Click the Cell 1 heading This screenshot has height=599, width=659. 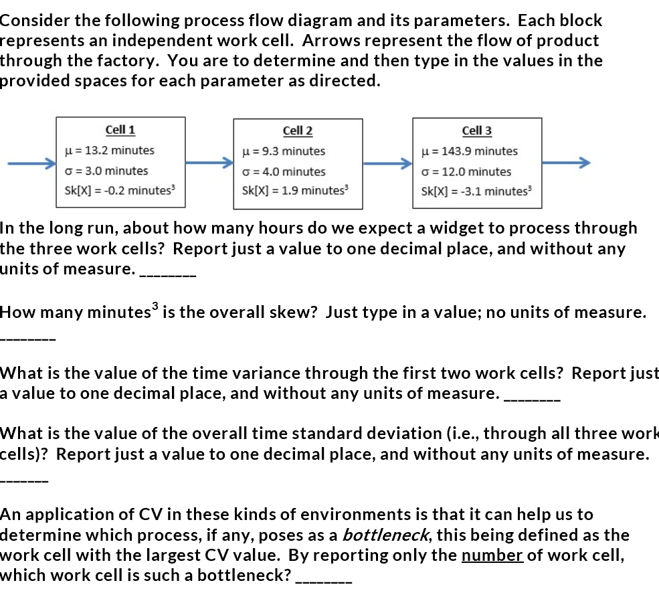tap(120, 130)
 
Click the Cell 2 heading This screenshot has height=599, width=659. tap(298, 131)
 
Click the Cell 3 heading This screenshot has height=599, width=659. tap(476, 131)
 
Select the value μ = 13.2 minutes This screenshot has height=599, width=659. tap(109, 151)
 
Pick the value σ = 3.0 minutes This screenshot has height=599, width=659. tap(106, 171)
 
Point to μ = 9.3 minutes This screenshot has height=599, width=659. tap(284, 151)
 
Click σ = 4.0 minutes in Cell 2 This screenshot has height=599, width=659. tap(284, 171)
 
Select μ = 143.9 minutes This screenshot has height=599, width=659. tap(470, 151)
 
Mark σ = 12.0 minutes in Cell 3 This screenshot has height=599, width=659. tap(466, 171)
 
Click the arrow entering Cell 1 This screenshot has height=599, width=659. tap(30, 163)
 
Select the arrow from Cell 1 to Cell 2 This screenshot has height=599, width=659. tap(209, 163)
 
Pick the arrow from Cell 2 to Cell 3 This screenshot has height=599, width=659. tap(388, 163)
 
